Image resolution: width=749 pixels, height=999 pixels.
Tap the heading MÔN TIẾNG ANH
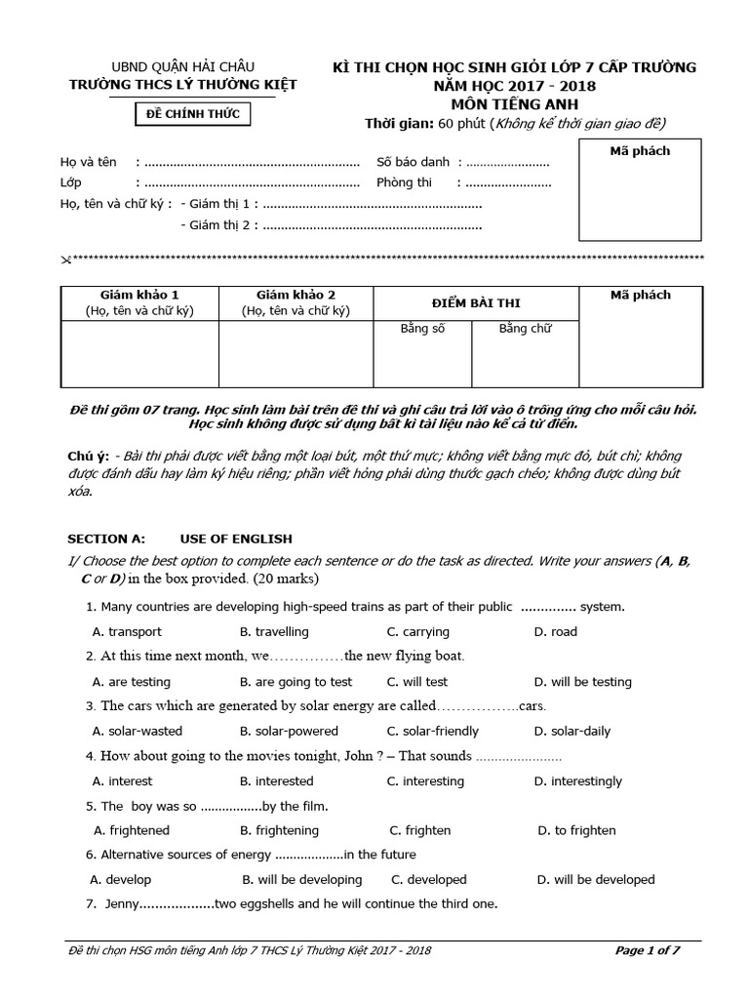[x=514, y=103]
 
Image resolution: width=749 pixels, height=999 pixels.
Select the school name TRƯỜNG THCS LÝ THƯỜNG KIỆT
[x=183, y=85]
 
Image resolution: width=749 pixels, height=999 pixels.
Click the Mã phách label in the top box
[x=640, y=151]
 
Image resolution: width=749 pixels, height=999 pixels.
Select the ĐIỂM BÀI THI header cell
[x=476, y=303]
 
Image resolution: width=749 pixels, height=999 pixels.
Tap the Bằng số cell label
[x=422, y=329]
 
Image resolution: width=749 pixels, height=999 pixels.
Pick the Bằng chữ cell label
[x=525, y=329]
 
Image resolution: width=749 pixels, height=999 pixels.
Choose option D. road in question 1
[x=556, y=632]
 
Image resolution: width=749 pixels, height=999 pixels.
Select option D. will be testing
[x=583, y=682]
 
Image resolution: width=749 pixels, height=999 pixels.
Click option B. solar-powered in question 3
[x=289, y=731]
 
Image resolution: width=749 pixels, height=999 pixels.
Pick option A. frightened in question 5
[x=131, y=831]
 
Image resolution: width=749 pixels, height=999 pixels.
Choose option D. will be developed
[x=595, y=880]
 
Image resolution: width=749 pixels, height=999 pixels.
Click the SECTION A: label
[x=105, y=539]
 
